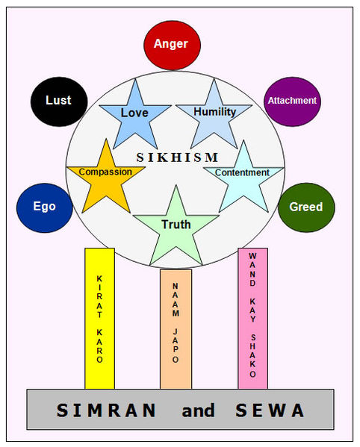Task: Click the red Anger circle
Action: click(171, 45)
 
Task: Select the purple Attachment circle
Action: click(292, 101)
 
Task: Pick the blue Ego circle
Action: click(44, 207)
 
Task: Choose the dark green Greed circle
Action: click(306, 207)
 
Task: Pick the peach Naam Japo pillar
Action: click(176, 328)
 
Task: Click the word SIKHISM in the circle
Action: click(177, 157)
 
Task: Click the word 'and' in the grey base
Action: click(198, 410)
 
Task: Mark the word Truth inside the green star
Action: click(176, 224)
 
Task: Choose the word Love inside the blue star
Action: click(134, 113)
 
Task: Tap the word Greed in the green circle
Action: click(306, 207)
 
